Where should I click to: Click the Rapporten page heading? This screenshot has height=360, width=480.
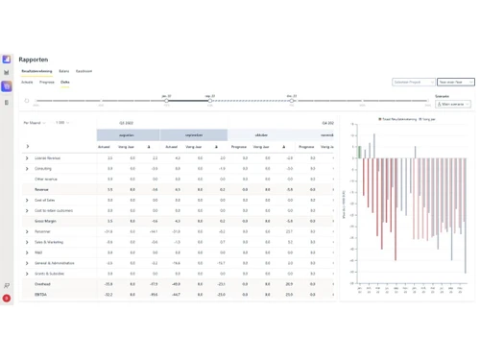(x=33, y=60)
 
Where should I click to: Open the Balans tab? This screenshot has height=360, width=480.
(x=63, y=71)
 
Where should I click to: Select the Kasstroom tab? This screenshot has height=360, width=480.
(x=84, y=71)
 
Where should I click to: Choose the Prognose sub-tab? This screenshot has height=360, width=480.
(x=46, y=83)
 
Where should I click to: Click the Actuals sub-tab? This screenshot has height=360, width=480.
(x=27, y=83)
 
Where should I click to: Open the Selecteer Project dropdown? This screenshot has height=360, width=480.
(x=413, y=83)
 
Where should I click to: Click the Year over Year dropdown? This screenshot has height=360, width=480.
(x=455, y=83)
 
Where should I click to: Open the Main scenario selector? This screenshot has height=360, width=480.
(x=453, y=104)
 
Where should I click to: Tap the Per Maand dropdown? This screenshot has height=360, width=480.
(x=34, y=123)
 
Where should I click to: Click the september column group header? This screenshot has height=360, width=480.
(x=194, y=135)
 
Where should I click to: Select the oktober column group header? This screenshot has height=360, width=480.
(x=261, y=135)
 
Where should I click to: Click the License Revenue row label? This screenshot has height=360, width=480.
(x=47, y=157)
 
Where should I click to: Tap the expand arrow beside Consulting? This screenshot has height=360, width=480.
(x=28, y=168)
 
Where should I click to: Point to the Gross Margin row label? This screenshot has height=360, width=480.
(x=45, y=221)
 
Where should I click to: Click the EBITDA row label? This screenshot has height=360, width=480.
(x=41, y=294)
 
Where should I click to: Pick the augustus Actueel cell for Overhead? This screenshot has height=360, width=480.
(x=108, y=284)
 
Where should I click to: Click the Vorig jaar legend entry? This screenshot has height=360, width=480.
(x=428, y=119)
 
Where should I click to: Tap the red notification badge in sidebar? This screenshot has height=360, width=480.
(x=7, y=299)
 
